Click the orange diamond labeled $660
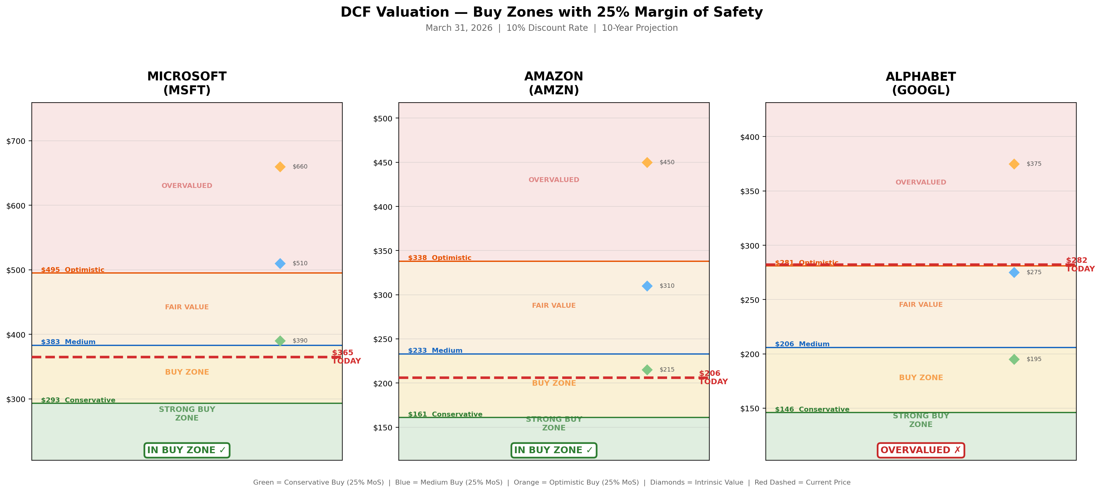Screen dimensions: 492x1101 [x=280, y=167]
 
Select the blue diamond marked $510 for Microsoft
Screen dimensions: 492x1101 [x=280, y=263]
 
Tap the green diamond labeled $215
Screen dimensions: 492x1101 [x=647, y=369]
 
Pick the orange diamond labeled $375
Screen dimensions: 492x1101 [x=1014, y=164]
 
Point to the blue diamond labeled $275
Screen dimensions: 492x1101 [x=1014, y=272]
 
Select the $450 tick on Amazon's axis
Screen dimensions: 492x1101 [x=383, y=163]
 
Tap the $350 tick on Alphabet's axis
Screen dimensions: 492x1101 [x=750, y=191]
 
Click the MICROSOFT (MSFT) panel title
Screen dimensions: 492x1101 [x=187, y=83]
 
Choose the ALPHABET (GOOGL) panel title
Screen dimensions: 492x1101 [x=921, y=83]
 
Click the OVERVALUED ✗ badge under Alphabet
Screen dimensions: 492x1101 [x=921, y=450]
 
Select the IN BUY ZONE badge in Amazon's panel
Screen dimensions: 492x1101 [x=554, y=450]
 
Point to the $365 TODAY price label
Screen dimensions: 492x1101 [x=346, y=357]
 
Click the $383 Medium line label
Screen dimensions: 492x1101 [x=68, y=342]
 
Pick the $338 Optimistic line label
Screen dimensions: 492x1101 [x=439, y=258]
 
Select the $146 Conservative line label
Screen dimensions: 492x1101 [x=812, y=409]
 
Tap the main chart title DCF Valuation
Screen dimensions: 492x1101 [x=551, y=12]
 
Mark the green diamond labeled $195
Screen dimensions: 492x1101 [x=1014, y=359]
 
